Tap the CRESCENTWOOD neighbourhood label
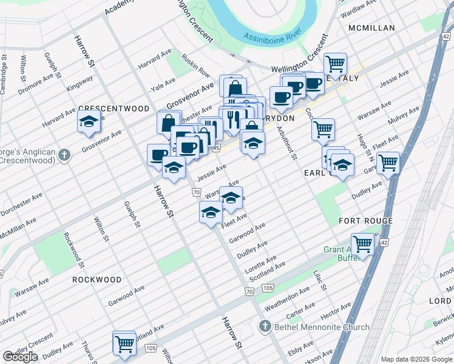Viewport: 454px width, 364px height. point(113,109)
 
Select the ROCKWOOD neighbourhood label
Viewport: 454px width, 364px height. point(97,280)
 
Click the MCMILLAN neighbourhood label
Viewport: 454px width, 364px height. point(371,28)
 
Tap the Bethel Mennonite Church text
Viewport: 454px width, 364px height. point(322,328)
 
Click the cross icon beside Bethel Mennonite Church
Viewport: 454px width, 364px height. point(264,328)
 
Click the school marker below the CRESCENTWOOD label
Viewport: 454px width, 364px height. point(89,123)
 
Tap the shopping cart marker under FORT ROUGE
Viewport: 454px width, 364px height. point(362,244)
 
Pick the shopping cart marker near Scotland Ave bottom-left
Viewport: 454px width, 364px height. point(124,343)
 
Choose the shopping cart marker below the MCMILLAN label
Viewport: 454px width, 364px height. point(335,63)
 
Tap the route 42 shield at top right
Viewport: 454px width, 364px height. point(446,38)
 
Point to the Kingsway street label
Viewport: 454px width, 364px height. point(80,82)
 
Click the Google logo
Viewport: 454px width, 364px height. point(20,357)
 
